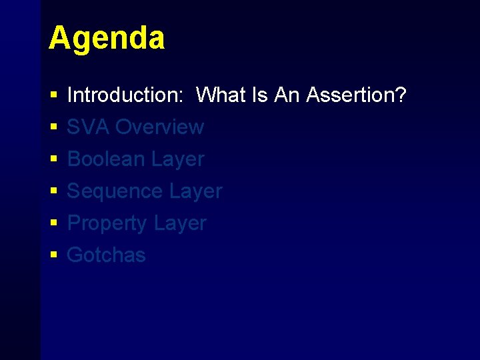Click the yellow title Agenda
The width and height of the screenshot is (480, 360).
click(106, 38)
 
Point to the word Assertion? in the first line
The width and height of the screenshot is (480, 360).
click(357, 95)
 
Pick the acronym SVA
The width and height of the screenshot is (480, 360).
click(89, 127)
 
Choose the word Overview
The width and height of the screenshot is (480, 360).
click(160, 127)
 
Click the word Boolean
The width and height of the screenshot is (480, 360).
click(107, 159)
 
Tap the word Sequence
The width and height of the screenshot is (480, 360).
click(115, 191)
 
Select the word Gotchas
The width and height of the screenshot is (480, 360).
click(107, 255)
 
